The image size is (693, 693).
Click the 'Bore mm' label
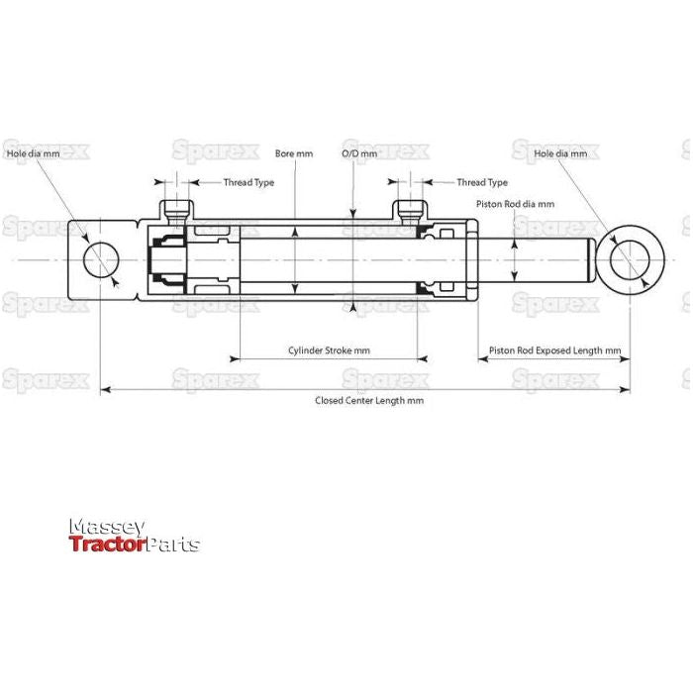tap(294, 154)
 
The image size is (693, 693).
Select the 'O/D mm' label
tap(358, 154)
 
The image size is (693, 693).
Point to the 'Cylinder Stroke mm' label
tap(329, 350)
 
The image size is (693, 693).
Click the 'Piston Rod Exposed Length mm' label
tap(554, 350)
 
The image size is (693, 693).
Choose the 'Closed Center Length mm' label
tap(368, 400)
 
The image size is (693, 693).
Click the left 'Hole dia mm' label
tap(34, 154)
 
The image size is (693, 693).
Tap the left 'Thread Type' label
tap(248, 182)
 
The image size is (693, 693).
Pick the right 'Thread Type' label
tap(481, 182)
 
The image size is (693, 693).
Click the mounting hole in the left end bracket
tap(101, 261)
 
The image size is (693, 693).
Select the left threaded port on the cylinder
tap(178, 211)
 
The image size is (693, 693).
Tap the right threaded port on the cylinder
tap(411, 211)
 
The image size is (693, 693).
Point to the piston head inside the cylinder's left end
tap(164, 261)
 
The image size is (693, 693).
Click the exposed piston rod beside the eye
tap(540, 261)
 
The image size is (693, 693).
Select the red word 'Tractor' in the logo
tap(107, 544)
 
